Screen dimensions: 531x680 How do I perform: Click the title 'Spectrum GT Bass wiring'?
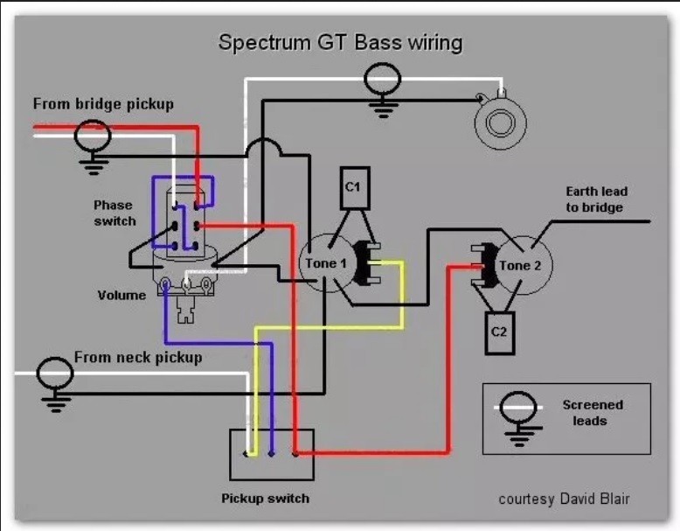[340, 42]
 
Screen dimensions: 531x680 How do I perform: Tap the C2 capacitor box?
[499, 332]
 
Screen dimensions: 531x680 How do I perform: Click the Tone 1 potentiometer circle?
[326, 263]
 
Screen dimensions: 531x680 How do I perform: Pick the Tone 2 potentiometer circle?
[524, 265]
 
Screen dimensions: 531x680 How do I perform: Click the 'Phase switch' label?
[114, 213]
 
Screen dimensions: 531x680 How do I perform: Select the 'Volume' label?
[121, 295]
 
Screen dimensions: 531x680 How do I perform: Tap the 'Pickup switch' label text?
[265, 499]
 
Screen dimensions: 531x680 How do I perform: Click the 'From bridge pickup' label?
[103, 104]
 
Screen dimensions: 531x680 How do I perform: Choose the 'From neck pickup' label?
[138, 357]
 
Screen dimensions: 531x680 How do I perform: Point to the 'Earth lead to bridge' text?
[595, 199]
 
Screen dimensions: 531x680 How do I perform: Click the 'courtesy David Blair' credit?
[564, 499]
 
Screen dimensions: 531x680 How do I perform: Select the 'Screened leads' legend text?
[593, 412]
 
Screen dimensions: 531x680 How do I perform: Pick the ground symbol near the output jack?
[381, 88]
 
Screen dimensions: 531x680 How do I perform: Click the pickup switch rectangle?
[272, 454]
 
